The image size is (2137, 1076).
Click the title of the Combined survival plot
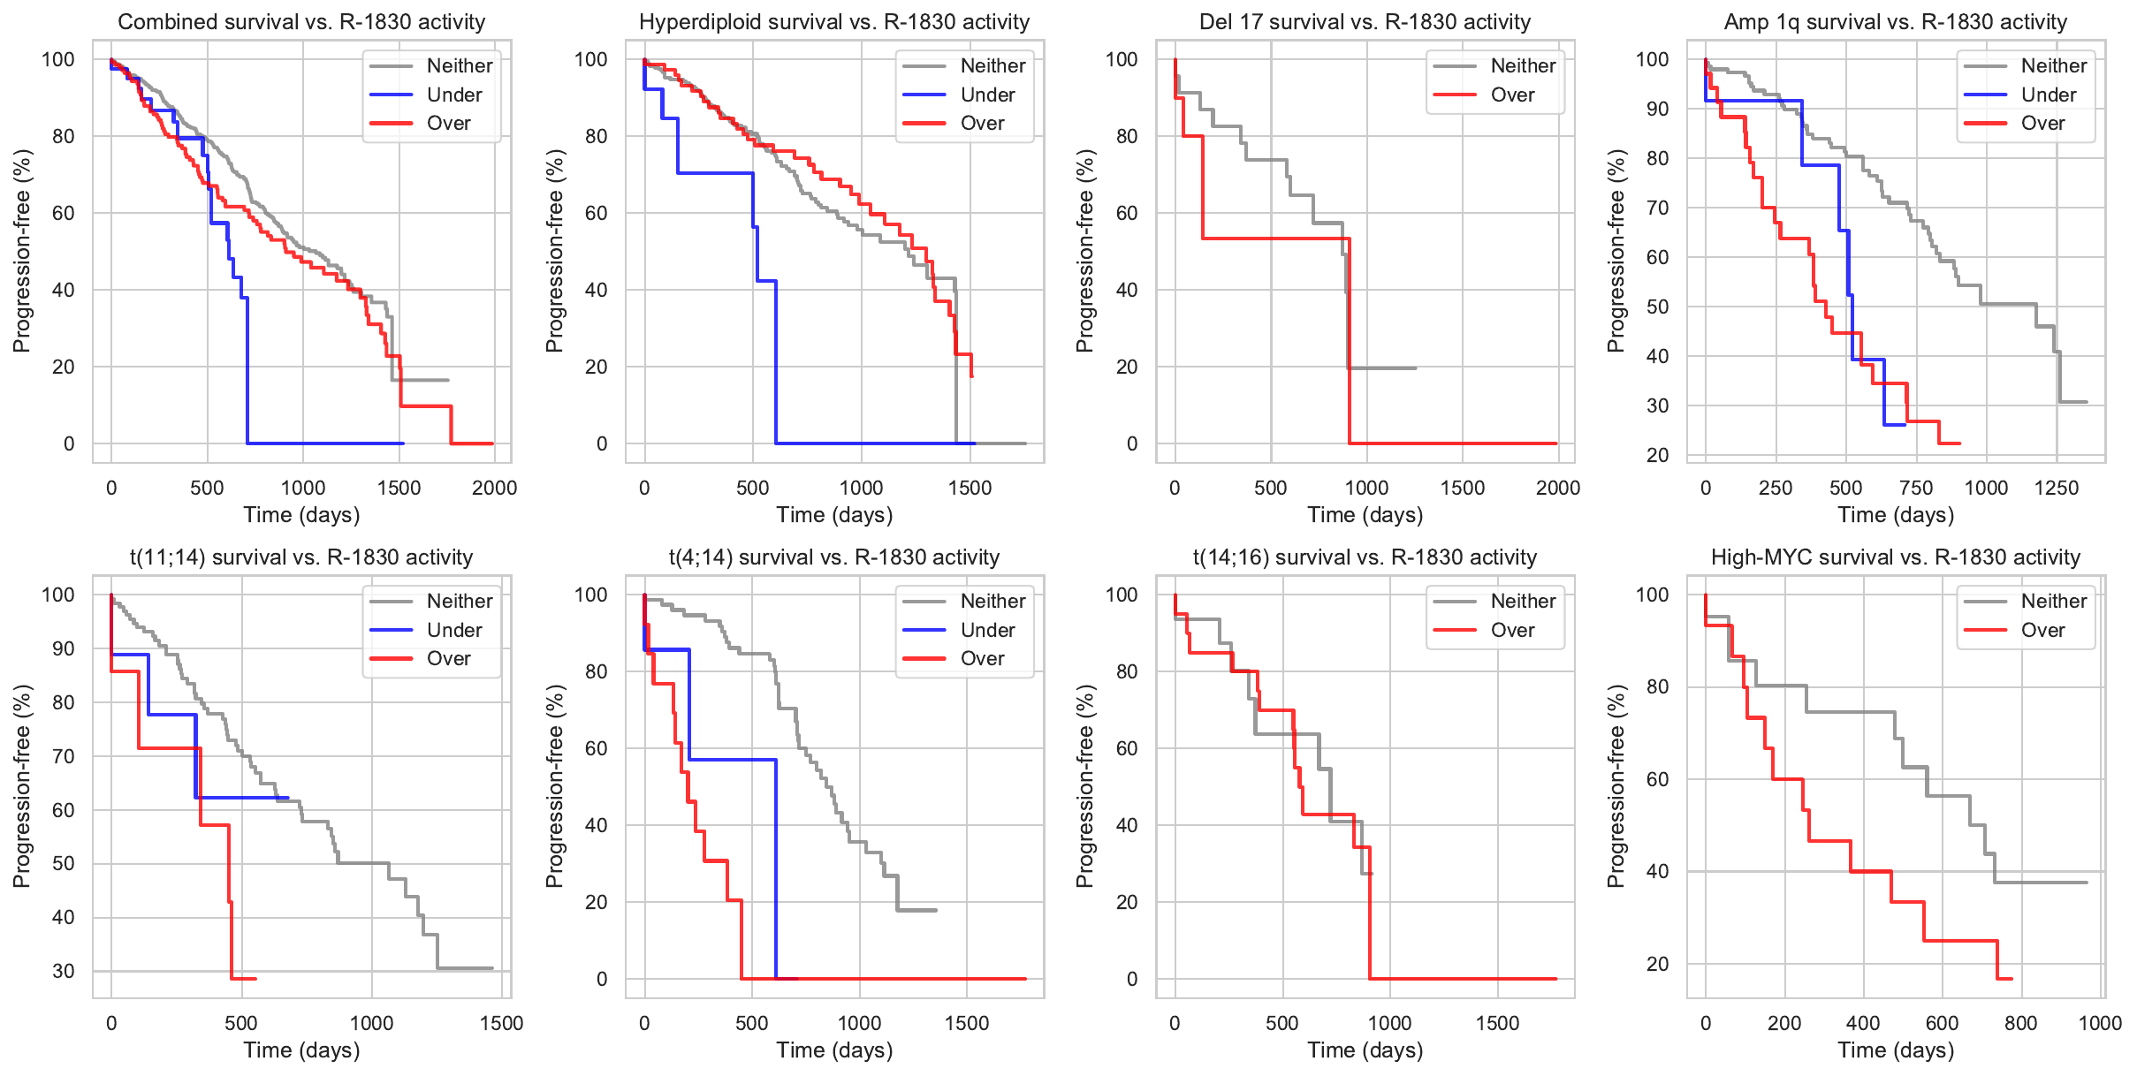tap(301, 22)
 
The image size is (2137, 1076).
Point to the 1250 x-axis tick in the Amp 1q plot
tap(2057, 488)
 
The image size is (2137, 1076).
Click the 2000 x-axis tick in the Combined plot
tap(494, 488)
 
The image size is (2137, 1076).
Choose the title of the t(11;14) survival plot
tap(301, 557)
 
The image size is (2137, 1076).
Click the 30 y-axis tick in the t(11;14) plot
tap(64, 971)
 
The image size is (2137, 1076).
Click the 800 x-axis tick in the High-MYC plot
tap(2020, 1023)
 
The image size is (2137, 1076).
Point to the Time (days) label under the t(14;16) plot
tap(1365, 1049)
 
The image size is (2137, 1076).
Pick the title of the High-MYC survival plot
tap(1895, 557)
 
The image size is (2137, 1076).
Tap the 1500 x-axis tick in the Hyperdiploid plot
tap(970, 488)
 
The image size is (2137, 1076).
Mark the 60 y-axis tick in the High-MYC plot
tap(1652, 779)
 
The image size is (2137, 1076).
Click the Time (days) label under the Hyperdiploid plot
tap(834, 514)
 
